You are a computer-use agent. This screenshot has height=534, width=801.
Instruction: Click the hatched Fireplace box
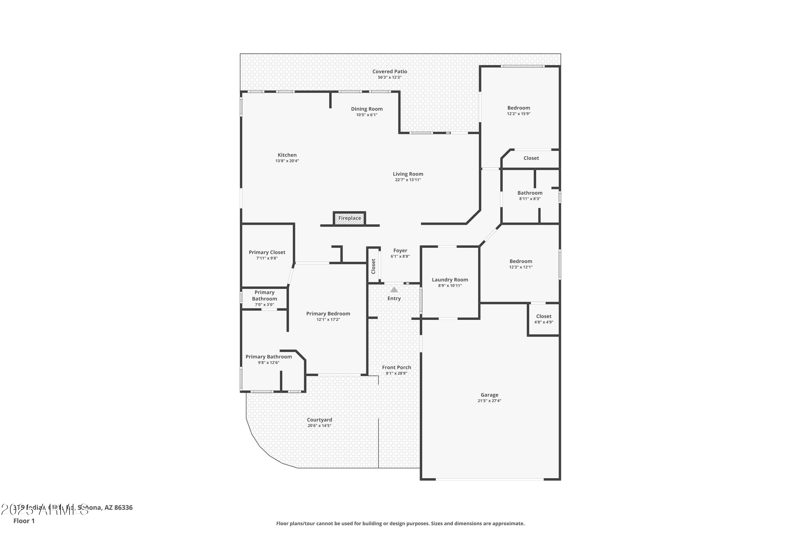(350, 218)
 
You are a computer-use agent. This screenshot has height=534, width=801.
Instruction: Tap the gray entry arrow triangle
(394, 290)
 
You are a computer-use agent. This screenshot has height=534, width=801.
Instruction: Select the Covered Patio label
(390, 72)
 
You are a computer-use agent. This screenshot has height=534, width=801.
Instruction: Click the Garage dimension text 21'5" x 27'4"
(489, 401)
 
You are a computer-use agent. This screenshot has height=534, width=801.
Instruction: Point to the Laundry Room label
(450, 280)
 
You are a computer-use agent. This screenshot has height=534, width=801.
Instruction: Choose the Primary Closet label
(267, 252)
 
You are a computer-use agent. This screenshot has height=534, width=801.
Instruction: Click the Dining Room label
(367, 109)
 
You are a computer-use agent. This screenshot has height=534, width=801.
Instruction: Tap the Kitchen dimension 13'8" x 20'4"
(287, 161)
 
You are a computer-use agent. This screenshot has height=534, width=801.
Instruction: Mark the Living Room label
(408, 174)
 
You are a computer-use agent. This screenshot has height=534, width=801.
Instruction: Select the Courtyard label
(319, 420)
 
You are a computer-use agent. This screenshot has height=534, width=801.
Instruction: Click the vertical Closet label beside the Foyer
(373, 266)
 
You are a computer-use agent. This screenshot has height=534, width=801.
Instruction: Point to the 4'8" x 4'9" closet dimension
(544, 322)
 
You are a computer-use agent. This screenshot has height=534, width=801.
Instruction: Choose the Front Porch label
(396, 367)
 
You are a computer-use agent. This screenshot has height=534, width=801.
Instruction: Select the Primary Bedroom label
(328, 314)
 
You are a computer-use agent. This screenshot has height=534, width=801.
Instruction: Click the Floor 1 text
(24, 521)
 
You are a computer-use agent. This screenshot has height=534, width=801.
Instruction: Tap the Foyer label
(400, 250)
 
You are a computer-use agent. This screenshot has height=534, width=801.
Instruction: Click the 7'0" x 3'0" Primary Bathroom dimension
(264, 305)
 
